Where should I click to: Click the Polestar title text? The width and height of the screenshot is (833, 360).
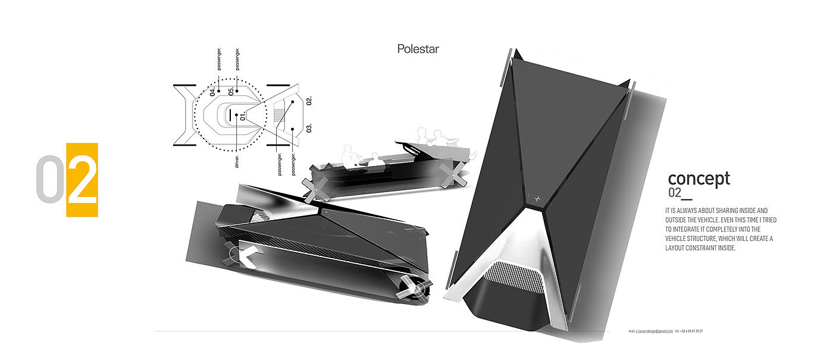(x=418, y=49)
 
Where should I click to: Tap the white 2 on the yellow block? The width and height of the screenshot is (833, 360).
(x=82, y=180)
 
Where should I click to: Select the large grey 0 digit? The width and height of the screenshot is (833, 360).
(x=50, y=180)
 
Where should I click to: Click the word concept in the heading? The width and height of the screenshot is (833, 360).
(x=699, y=178)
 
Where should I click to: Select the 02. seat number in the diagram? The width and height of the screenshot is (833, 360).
(x=309, y=100)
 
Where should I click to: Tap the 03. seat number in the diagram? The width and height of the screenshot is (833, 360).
(x=309, y=128)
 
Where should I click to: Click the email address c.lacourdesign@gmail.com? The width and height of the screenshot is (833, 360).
(x=654, y=331)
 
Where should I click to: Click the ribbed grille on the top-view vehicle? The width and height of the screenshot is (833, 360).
(x=515, y=278)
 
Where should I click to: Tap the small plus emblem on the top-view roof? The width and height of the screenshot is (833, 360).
(x=537, y=198)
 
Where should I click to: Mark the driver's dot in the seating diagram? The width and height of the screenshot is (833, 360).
(x=237, y=114)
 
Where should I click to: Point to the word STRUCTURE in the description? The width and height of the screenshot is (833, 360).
(x=704, y=239)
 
